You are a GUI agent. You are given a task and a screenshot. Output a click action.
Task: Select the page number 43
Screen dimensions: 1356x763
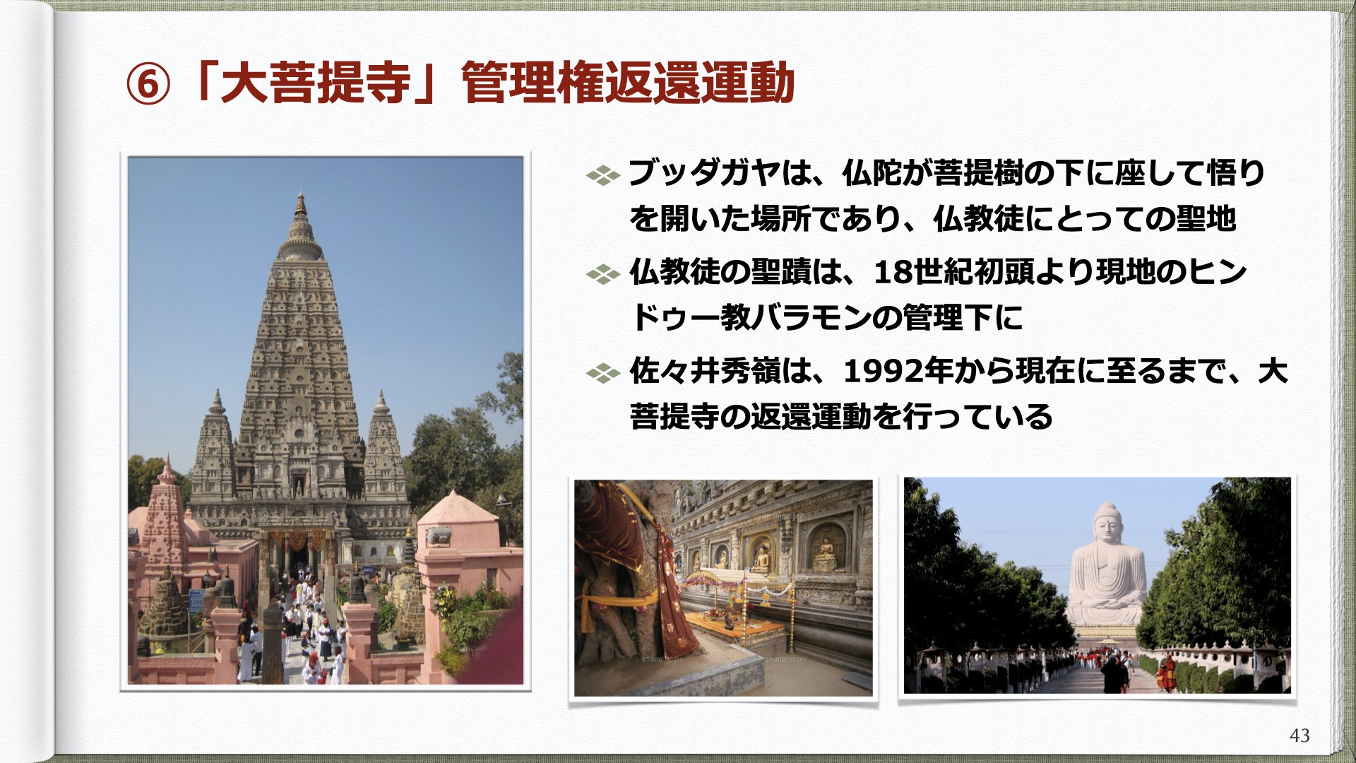(1299, 735)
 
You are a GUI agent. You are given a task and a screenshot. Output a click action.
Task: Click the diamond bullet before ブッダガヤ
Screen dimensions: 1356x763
(603, 175)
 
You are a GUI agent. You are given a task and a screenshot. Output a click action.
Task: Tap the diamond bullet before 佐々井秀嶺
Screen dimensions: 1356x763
(603, 372)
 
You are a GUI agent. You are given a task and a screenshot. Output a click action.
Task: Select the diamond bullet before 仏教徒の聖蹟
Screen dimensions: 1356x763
(603, 273)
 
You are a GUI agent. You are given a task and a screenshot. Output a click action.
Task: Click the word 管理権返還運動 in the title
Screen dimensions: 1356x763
(629, 83)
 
